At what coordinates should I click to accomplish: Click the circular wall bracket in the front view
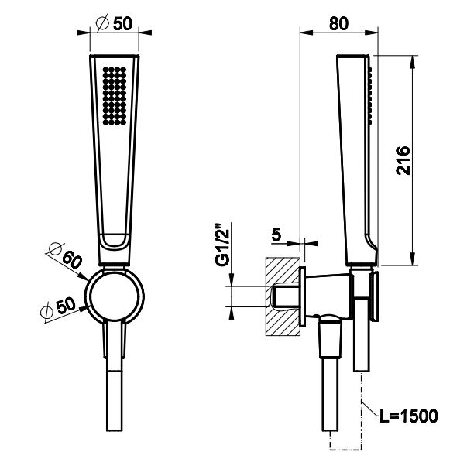point(115,296)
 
